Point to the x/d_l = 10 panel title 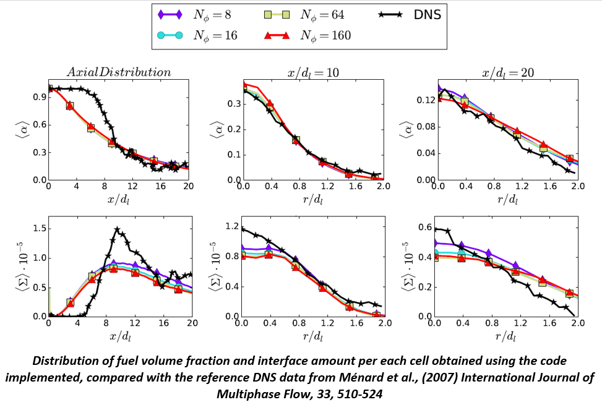312,72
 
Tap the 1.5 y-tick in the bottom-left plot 37,228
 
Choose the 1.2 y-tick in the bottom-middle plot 231,226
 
